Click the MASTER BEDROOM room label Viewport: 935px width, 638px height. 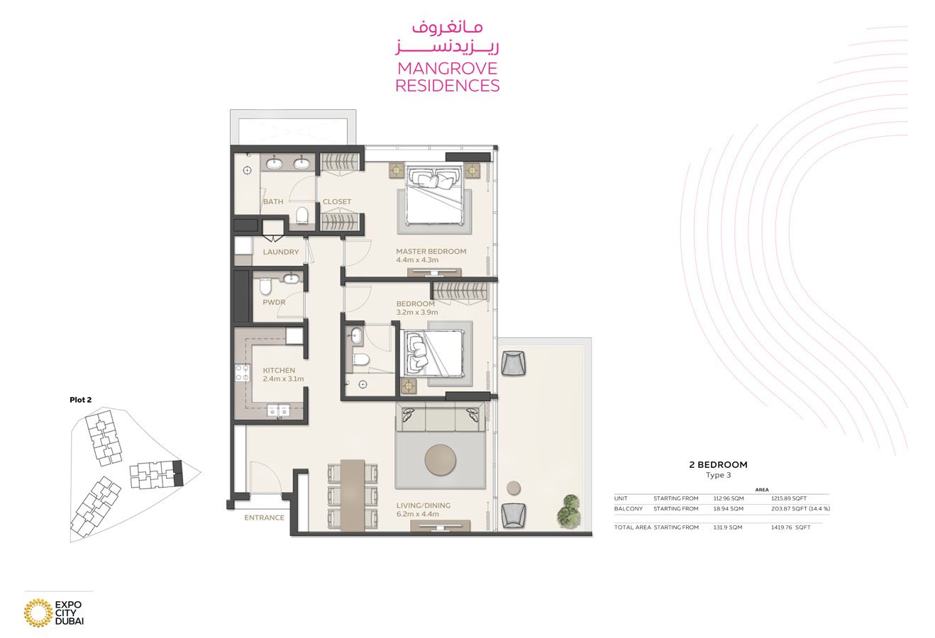pyautogui.click(x=431, y=252)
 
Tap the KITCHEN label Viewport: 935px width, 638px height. pyautogui.click(x=279, y=370)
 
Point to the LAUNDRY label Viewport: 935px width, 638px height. pyautogui.click(x=281, y=252)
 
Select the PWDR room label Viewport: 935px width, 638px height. pyautogui.click(x=275, y=302)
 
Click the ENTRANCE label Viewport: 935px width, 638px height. pyautogui.click(x=264, y=517)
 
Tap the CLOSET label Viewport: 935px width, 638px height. pyautogui.click(x=337, y=201)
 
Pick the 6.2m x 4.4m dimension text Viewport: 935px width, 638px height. pyautogui.click(x=417, y=514)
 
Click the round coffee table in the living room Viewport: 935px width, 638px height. pyautogui.click(x=441, y=460)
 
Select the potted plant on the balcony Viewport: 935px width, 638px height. pyautogui.click(x=568, y=511)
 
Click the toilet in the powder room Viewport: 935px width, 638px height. pyautogui.click(x=265, y=286)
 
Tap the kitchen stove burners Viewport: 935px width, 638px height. pyautogui.click(x=242, y=373)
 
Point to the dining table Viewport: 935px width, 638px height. pyautogui.click(x=353, y=496)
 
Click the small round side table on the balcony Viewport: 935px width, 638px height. pyautogui.click(x=514, y=488)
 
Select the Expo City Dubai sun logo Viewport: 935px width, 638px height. pyautogui.click(x=38, y=612)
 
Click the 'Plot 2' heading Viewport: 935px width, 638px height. pyautogui.click(x=81, y=400)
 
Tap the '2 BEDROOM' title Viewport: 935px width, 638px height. pyautogui.click(x=719, y=464)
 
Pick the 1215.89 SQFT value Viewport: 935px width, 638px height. pyautogui.click(x=789, y=498)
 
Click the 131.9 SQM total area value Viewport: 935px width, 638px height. pyautogui.click(x=728, y=527)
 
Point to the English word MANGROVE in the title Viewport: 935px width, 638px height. pyautogui.click(x=448, y=68)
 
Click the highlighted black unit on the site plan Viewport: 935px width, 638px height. pyautogui.click(x=178, y=473)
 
